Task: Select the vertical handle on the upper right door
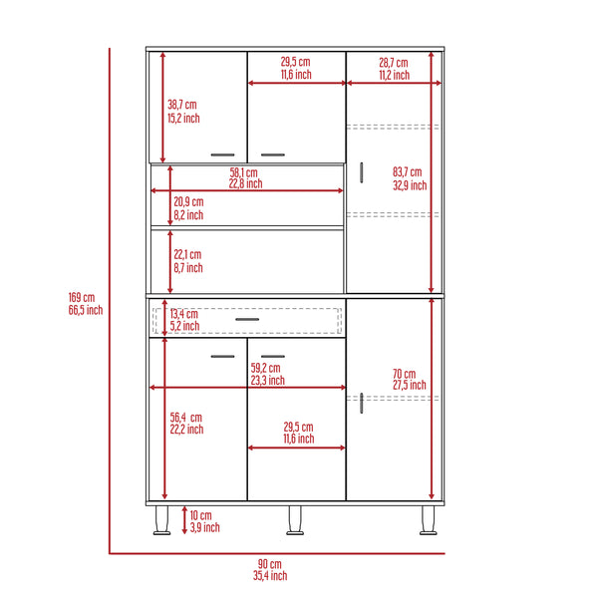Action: [x=362, y=171]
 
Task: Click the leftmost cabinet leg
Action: [x=159, y=520]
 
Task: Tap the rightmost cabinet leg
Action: [x=429, y=520]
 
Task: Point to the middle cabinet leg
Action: [x=294, y=520]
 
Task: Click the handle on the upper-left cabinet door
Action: [x=223, y=155]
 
